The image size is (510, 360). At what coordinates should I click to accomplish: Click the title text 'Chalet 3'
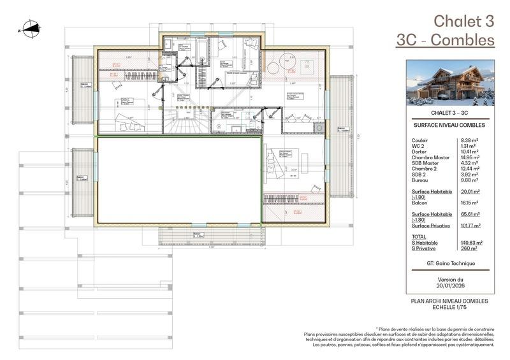[x=463, y=20]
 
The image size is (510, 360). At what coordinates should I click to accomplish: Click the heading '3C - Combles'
[x=445, y=40]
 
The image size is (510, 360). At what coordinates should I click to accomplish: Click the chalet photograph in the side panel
[x=450, y=83]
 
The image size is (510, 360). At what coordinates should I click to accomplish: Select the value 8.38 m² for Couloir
[x=470, y=140]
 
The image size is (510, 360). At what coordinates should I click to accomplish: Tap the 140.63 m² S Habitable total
[x=471, y=243]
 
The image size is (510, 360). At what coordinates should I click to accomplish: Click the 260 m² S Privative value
[x=469, y=248]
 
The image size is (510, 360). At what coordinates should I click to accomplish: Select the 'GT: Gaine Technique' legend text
[x=450, y=263]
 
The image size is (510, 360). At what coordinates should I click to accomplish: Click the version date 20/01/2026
[x=450, y=286]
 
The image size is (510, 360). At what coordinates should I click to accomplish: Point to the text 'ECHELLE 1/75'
[x=450, y=306]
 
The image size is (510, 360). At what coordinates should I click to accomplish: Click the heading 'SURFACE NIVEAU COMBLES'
[x=450, y=126]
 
